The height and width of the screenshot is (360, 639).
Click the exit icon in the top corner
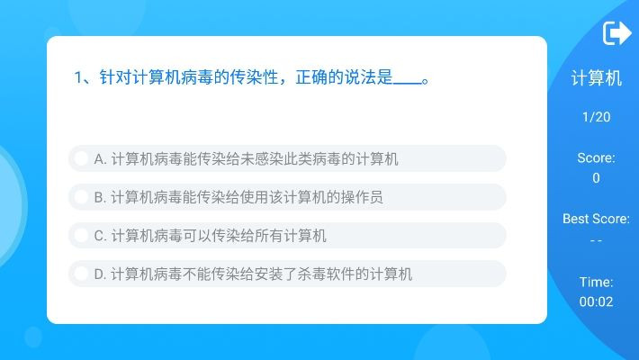(x=616, y=33)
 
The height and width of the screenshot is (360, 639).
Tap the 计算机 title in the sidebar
(x=596, y=78)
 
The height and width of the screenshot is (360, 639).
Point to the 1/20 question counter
(x=596, y=117)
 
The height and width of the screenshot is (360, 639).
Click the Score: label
(x=596, y=157)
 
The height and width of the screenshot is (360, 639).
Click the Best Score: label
(x=596, y=219)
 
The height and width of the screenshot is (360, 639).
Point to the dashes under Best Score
(x=596, y=240)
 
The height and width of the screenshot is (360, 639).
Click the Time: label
(x=596, y=282)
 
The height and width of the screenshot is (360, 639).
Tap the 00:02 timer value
(x=596, y=302)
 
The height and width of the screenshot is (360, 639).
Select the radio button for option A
(x=81, y=159)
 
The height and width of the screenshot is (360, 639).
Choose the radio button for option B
(x=81, y=197)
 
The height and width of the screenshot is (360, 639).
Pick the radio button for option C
(x=81, y=236)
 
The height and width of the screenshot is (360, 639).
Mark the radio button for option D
(x=81, y=274)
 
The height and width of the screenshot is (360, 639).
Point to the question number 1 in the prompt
(x=78, y=77)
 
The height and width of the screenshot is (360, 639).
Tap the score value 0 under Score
(x=596, y=178)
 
